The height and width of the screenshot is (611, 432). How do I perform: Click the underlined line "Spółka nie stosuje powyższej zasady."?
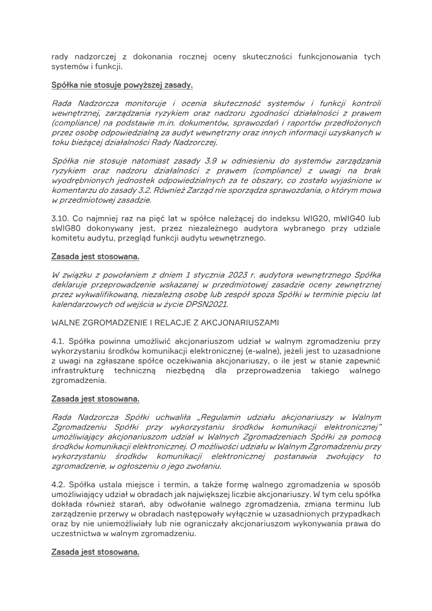coord(122,85)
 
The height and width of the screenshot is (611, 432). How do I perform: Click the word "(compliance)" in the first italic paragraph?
coord(72,123)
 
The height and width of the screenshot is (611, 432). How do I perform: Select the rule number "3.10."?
coord(60,218)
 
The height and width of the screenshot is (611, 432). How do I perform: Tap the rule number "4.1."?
coord(59,342)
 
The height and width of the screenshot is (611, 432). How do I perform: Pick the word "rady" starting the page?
coord(59,57)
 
